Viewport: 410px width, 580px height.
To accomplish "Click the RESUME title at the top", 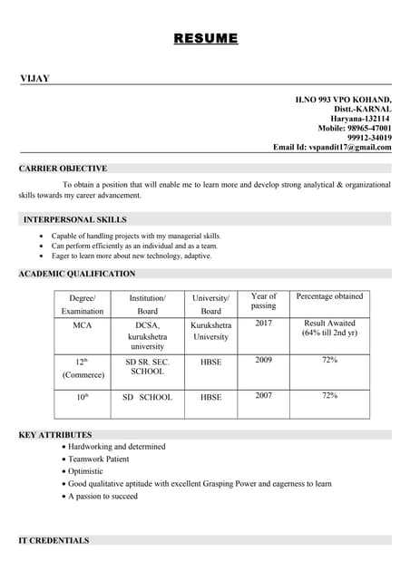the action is pos(206,38).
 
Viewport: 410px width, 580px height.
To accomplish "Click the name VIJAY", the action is pos(34,79).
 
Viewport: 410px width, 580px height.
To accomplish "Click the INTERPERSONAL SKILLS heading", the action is pos(74,219).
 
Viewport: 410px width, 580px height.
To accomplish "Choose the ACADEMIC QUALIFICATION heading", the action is pos(77,274).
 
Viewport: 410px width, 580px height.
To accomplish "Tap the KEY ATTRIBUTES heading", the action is pos(54,435).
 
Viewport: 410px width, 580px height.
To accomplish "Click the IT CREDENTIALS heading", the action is pos(54,541).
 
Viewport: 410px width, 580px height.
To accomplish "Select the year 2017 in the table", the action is pos(263,323).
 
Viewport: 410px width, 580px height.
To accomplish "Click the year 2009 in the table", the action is pos(263,360).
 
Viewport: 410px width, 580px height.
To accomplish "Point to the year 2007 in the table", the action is pos(263,395).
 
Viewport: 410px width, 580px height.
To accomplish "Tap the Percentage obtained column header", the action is pos(329,296).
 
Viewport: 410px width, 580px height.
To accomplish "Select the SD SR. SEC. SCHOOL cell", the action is pos(147,365).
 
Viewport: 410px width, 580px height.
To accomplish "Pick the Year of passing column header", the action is pos(263,301).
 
